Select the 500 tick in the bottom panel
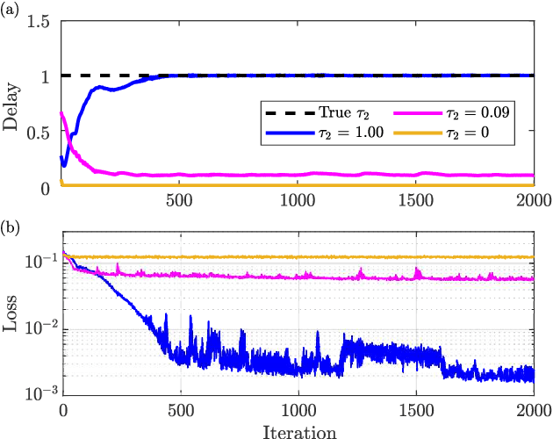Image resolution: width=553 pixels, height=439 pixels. point(180,412)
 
